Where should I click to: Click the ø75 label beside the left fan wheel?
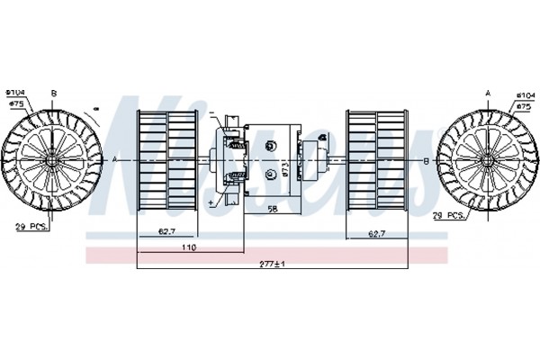click(x=16, y=103)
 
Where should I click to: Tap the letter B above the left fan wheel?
click(x=53, y=94)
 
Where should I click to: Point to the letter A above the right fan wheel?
click(x=487, y=94)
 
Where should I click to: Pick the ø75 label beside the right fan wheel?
click(x=524, y=104)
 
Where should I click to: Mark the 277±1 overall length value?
click(x=270, y=264)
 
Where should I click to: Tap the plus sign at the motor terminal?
click(x=211, y=204)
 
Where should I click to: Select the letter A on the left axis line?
click(x=115, y=159)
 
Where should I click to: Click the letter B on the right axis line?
click(x=425, y=159)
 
